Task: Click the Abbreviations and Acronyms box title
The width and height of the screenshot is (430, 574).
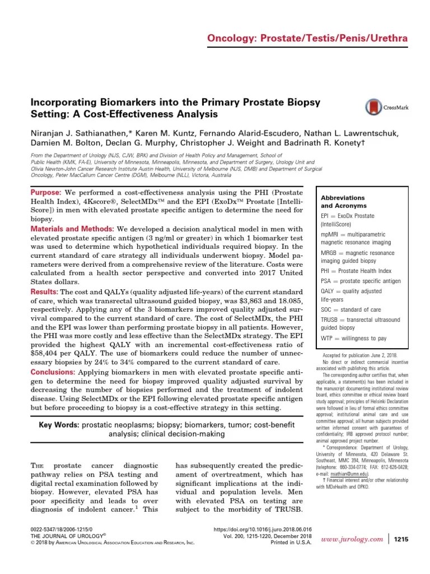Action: point(342,202)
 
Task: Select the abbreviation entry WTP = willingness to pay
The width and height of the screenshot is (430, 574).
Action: point(354,339)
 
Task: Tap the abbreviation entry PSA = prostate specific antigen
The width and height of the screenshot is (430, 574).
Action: point(361,280)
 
